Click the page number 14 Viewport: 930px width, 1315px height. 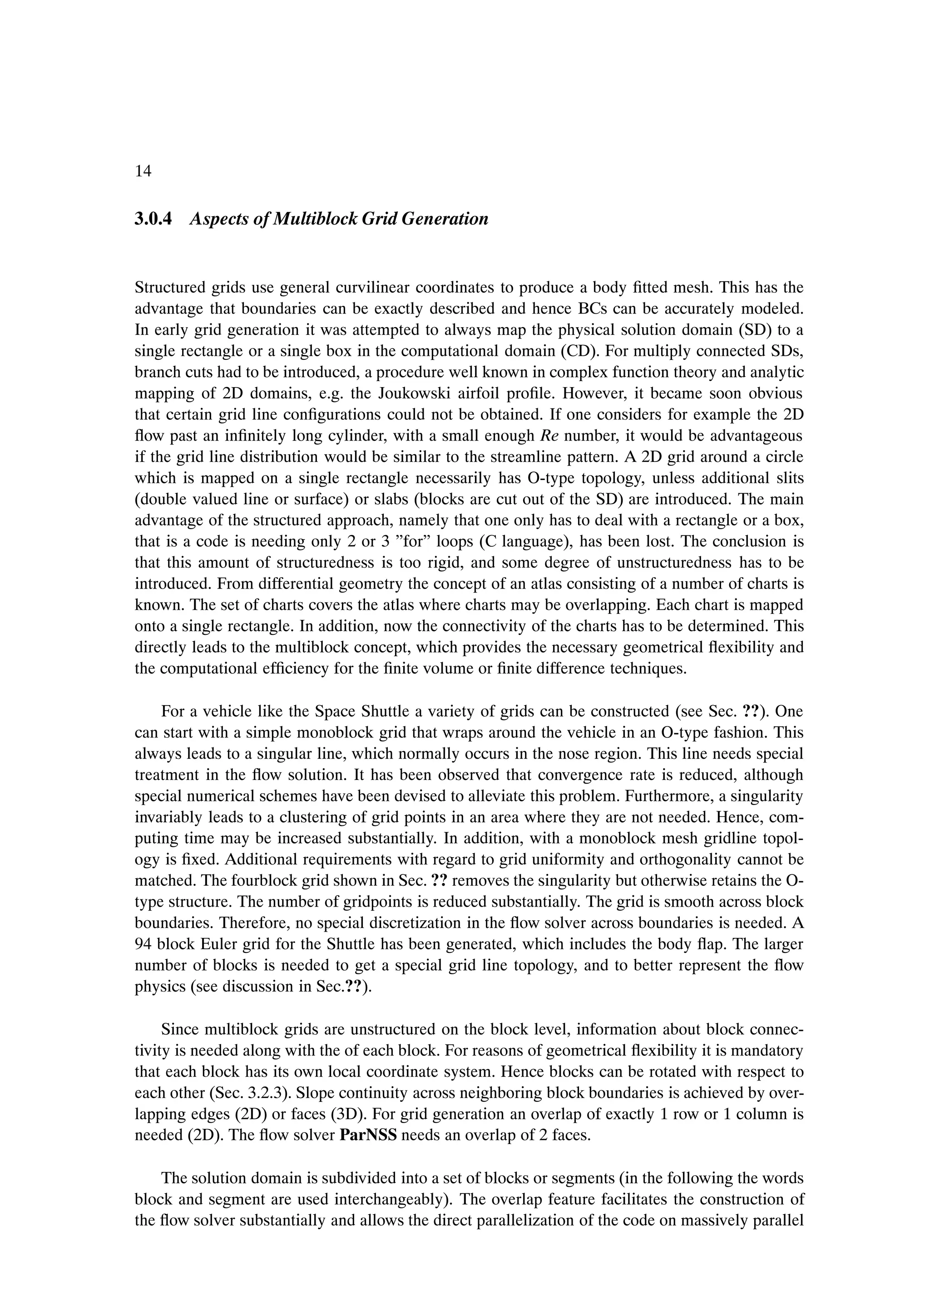(x=143, y=171)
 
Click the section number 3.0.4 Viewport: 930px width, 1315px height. (x=153, y=219)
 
